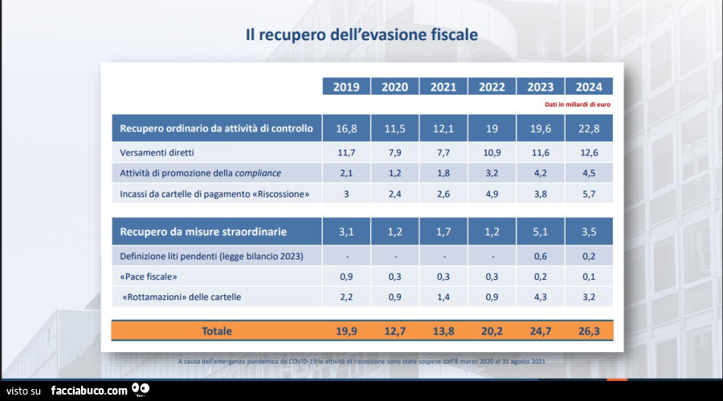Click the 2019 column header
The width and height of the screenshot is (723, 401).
pos(346,87)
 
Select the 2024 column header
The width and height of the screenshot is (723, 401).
pos(589,87)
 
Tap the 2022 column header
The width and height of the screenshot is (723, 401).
pos(492,87)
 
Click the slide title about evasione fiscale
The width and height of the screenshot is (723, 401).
pos(361,34)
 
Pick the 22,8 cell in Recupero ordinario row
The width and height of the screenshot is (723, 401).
pos(589,128)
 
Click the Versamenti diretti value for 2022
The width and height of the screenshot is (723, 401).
pos(492,152)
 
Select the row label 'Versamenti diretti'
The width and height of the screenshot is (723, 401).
pos(157,152)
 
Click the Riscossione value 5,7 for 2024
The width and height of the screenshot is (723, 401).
pos(589,193)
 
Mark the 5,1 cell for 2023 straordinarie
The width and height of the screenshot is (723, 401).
pos(541,232)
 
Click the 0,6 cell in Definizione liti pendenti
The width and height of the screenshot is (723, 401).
pos(541,257)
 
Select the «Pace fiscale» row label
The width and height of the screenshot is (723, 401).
pos(149,277)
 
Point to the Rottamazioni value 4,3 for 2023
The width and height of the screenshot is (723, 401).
pos(541,297)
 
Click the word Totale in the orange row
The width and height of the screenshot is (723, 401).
pos(217,330)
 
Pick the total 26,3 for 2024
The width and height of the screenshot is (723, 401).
pos(589,330)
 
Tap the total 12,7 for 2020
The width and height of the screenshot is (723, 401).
pos(394,330)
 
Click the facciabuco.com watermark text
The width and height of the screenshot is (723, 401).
pos(88,391)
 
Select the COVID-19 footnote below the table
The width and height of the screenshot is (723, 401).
pos(361,362)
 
